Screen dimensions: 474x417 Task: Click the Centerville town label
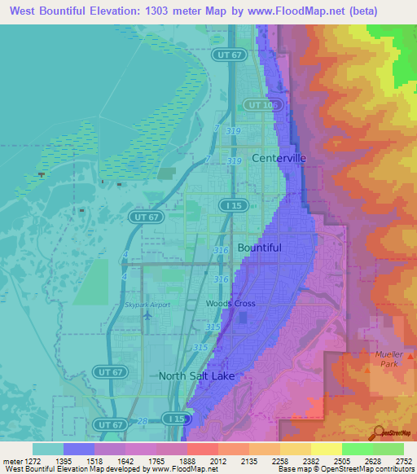(279, 158)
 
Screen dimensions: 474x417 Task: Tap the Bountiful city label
(259, 248)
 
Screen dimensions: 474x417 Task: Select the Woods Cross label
(230, 304)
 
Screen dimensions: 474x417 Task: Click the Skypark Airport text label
(147, 305)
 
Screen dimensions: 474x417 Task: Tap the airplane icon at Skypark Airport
(147, 314)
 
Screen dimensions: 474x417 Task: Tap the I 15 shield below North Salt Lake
(173, 418)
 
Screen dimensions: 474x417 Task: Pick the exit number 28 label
(143, 419)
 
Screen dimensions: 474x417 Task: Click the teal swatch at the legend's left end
(47, 449)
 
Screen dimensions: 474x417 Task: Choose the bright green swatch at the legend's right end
(388, 449)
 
